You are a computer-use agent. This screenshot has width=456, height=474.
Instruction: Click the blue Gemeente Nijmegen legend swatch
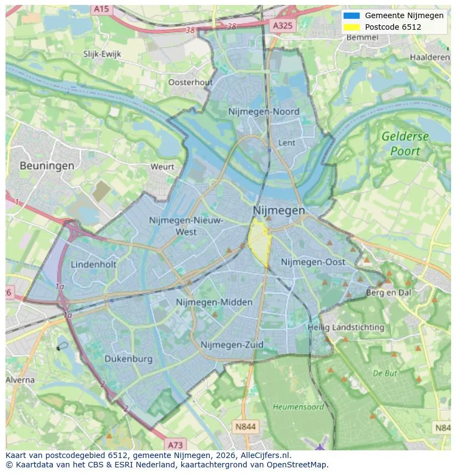point(351,15)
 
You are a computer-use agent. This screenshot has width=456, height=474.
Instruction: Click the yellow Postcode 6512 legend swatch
point(351,27)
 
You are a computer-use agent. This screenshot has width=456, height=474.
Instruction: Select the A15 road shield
point(101,9)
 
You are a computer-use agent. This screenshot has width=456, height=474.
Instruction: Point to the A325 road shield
point(283,25)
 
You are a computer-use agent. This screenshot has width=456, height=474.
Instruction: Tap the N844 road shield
point(245,427)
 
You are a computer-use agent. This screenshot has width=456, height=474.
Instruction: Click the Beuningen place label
point(47,165)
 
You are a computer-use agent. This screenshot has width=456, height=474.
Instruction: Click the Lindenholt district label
point(94,264)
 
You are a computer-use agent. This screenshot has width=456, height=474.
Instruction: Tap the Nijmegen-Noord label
point(264,112)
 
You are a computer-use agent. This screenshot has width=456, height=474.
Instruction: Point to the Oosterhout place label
point(190,82)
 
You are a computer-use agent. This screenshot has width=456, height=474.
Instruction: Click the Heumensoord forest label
point(298,407)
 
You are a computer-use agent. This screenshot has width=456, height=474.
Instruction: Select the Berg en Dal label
point(389,293)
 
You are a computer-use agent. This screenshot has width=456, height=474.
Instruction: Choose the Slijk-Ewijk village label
point(102,54)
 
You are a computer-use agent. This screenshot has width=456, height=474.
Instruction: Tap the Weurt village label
point(162,166)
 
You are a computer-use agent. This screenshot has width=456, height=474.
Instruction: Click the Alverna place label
point(20,380)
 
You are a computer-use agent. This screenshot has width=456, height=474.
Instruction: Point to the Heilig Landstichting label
point(346,327)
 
